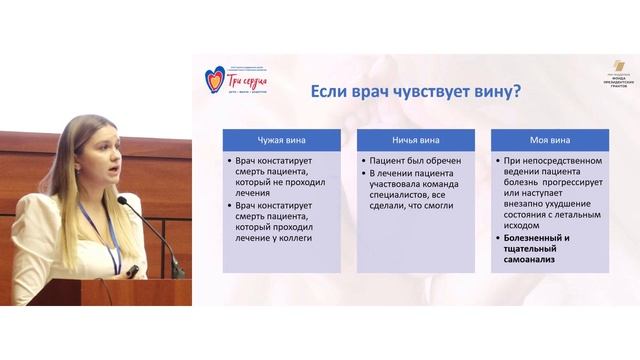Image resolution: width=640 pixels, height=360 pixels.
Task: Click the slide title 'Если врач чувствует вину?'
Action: click(415, 92)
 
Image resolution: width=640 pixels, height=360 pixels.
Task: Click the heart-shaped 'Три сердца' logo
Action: click(215, 80)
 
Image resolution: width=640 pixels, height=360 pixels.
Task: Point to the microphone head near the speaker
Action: click(123, 202)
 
